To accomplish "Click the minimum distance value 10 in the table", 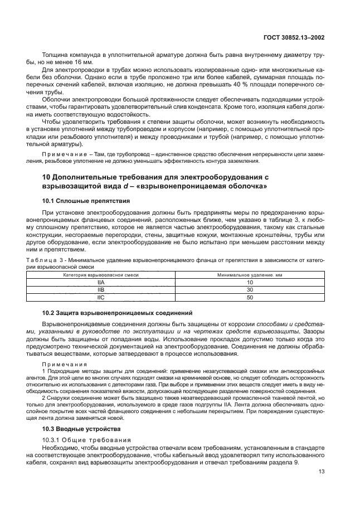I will pyautogui.click(x=250, y=283).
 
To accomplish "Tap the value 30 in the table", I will pyautogui.click(x=250, y=290).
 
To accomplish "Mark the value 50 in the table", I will pyautogui.click(x=250, y=298).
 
